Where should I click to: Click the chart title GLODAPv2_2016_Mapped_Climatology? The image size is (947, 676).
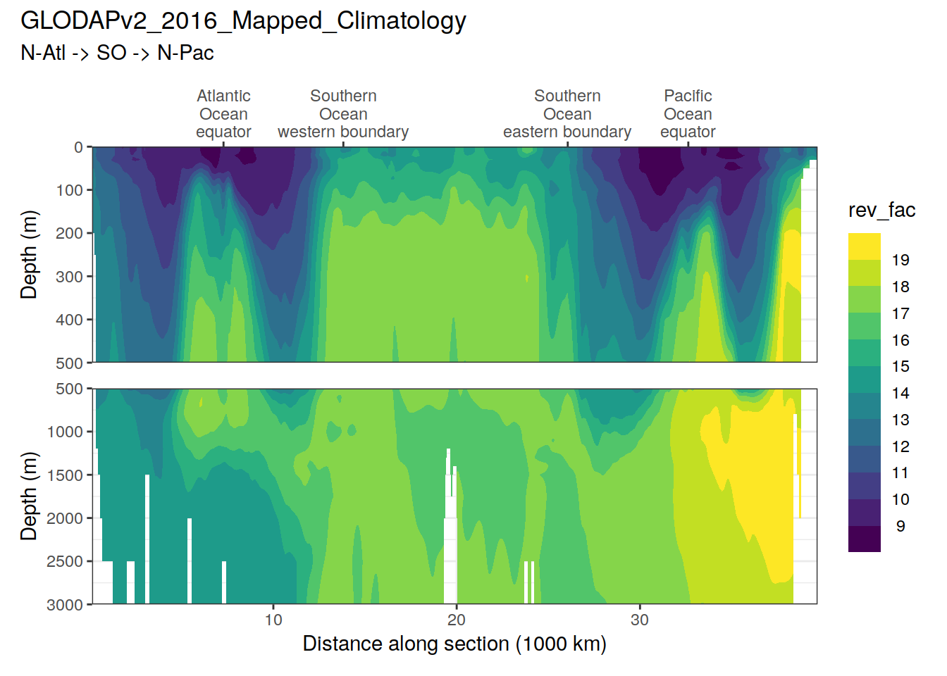coord(243,21)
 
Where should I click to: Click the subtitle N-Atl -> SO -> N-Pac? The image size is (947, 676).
coord(117,53)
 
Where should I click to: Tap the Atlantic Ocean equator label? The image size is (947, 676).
coord(223,114)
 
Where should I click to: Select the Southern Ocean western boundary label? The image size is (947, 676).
coord(343,114)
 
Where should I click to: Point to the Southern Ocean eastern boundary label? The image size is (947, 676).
coord(567,114)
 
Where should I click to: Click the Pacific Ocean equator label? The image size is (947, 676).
coord(688,114)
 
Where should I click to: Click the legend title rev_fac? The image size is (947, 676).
coord(881,210)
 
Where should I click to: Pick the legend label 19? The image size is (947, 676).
coord(900,260)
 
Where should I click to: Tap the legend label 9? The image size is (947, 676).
coord(900,526)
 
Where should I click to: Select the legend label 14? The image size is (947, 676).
coord(900,393)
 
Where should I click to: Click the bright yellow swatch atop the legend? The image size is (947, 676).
coord(865,246)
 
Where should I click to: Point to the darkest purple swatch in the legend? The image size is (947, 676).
coord(865,539)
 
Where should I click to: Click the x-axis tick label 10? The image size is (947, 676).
coord(273,620)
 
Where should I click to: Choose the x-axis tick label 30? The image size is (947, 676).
coord(640,620)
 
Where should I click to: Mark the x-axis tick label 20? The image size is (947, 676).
coord(457,620)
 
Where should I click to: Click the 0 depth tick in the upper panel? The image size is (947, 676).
coord(79,147)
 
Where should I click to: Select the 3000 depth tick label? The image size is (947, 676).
coord(65,605)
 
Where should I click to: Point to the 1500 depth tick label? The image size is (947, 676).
coord(65,475)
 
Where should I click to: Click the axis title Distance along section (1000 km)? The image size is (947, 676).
coord(454,644)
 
